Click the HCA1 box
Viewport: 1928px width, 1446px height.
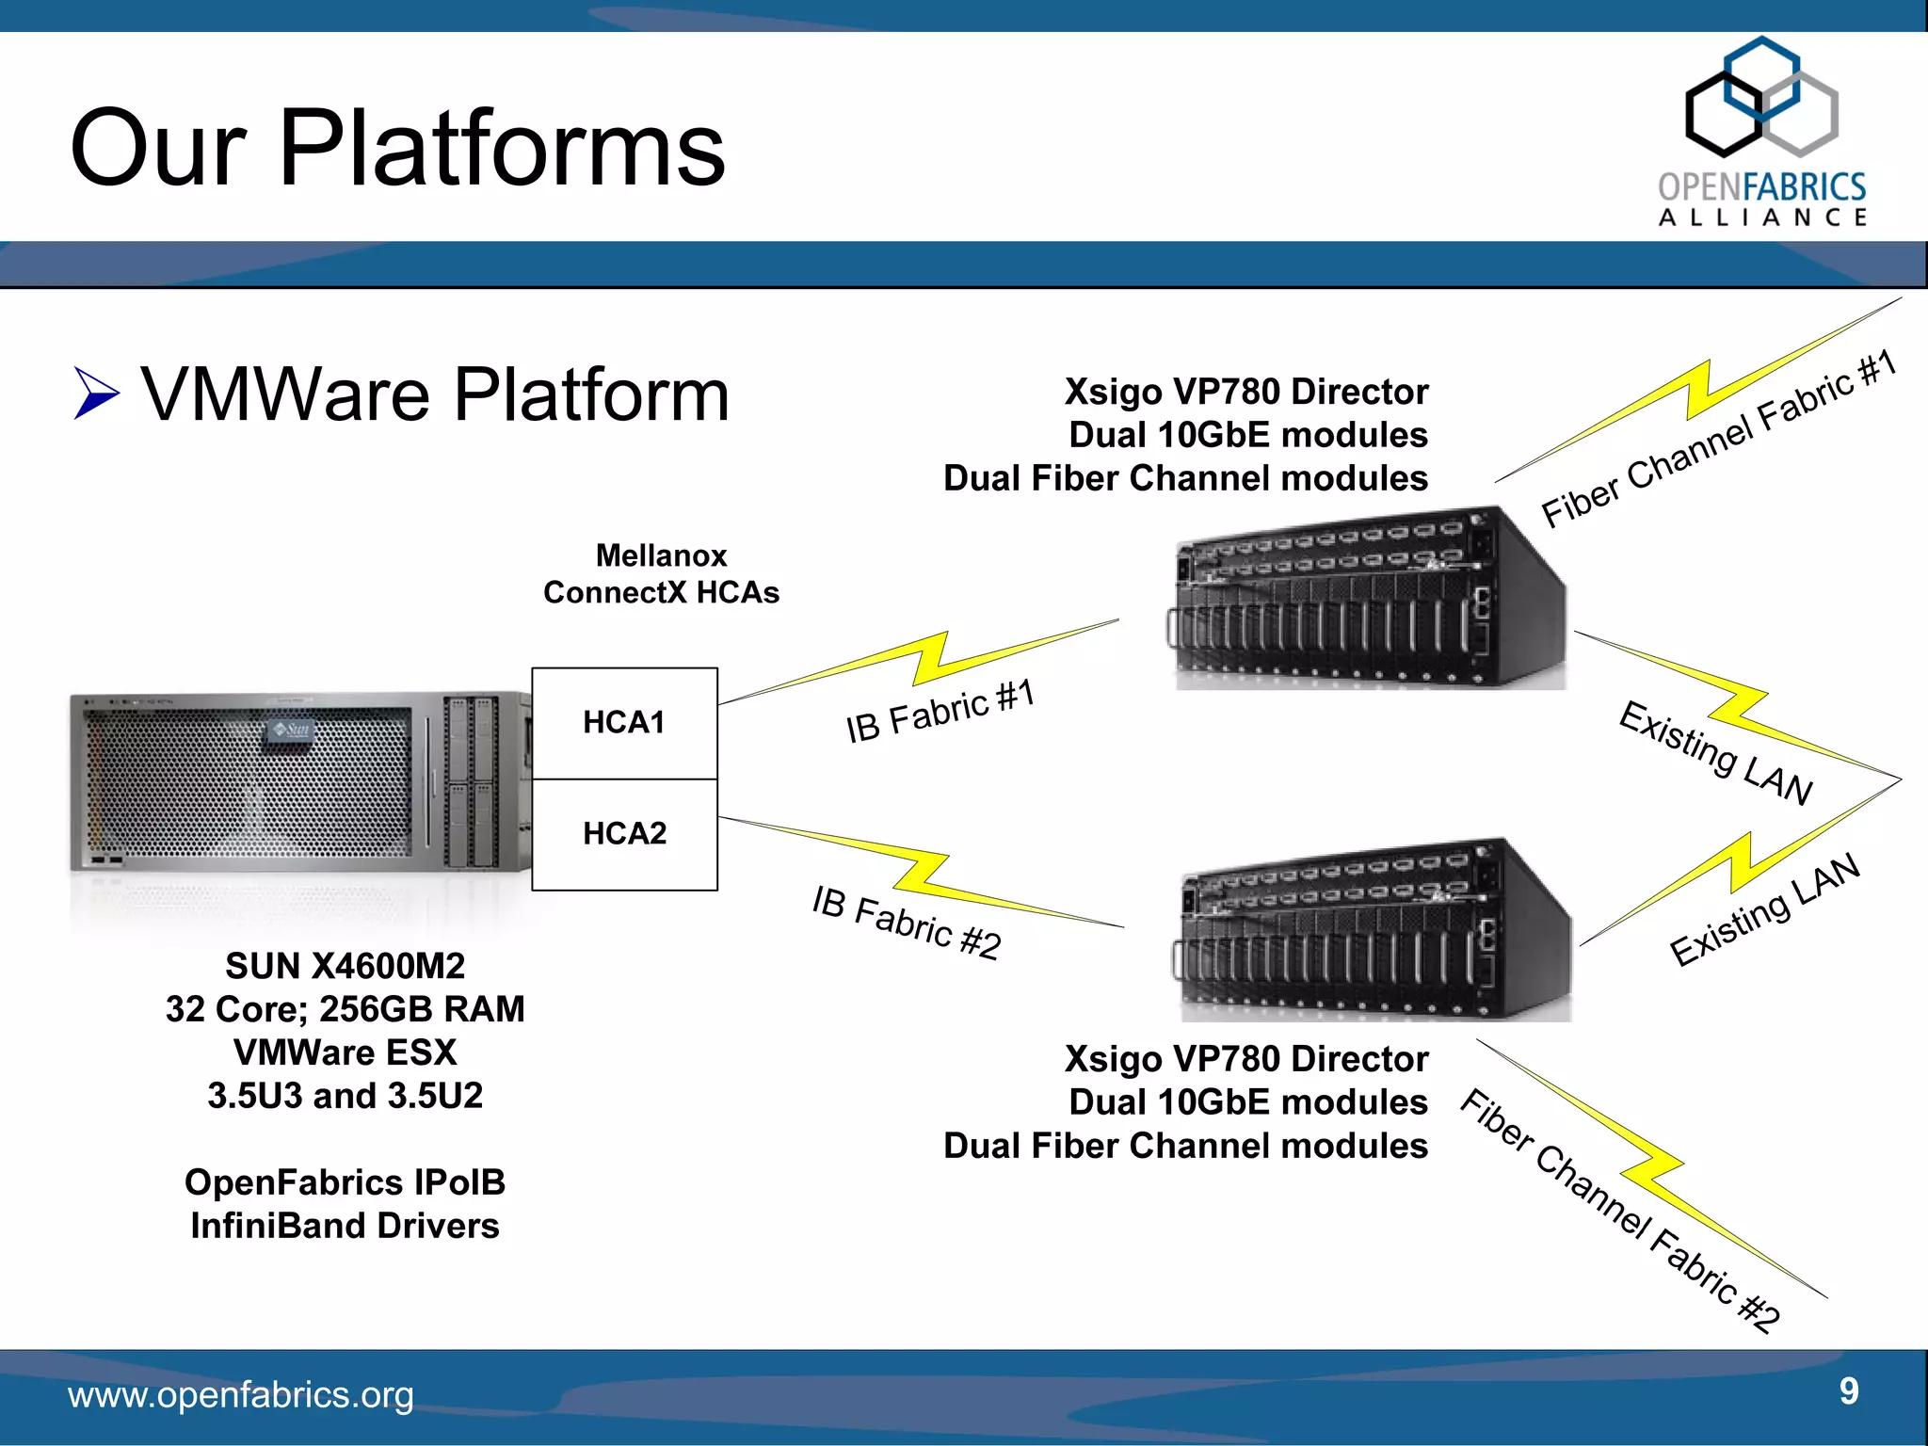624,723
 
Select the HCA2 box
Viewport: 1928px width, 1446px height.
624,834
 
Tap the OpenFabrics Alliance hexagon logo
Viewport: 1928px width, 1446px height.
1760,99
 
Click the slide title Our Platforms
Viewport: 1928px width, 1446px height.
397,148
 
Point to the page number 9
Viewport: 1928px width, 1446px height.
1849,1390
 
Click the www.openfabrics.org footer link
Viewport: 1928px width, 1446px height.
240,1395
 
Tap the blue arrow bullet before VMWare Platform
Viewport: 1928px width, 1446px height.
96,394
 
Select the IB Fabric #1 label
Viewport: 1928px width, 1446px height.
940,712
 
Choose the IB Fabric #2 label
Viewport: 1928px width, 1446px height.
906,923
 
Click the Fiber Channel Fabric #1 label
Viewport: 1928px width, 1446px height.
1717,439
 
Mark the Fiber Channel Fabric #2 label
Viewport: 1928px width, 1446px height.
1619,1211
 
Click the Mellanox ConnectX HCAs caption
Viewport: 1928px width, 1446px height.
661,574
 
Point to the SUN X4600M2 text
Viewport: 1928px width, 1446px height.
345,966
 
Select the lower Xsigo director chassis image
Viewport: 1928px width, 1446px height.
1374,932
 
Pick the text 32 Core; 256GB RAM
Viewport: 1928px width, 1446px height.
345,1009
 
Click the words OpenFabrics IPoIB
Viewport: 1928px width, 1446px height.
345,1182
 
